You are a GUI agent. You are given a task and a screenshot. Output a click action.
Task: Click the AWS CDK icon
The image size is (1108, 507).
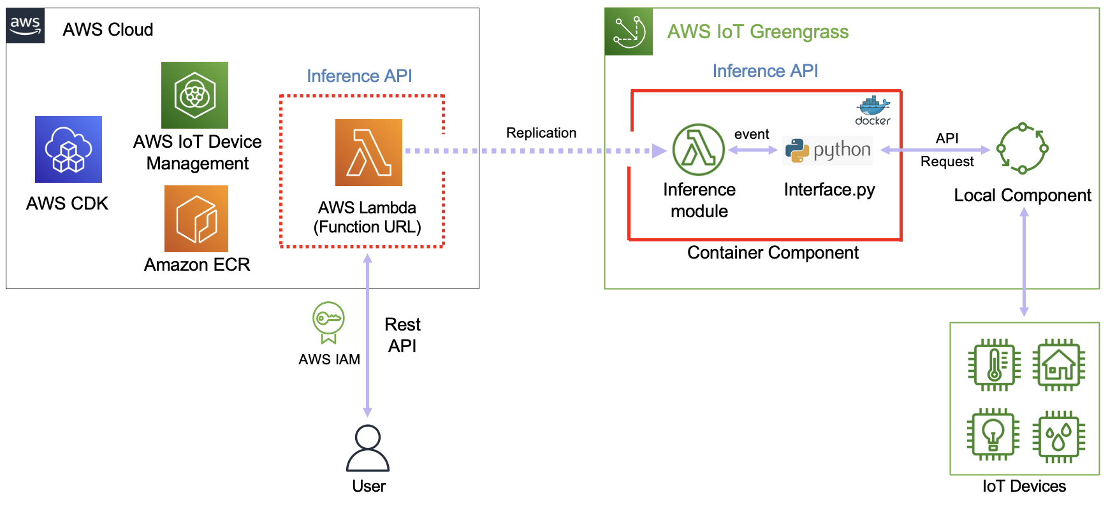(x=68, y=149)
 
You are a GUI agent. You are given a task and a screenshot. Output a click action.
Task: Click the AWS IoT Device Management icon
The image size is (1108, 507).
(x=194, y=95)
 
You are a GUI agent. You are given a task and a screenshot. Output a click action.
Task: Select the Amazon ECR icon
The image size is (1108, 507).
(x=196, y=218)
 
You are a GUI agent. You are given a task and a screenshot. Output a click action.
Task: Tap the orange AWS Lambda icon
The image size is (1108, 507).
(x=368, y=152)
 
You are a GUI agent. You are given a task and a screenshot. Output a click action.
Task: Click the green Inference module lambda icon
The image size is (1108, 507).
(x=699, y=150)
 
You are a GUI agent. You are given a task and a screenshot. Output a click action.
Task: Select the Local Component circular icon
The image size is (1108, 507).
(x=1022, y=148)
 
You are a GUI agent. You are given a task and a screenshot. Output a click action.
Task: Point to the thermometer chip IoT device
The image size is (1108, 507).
(x=994, y=365)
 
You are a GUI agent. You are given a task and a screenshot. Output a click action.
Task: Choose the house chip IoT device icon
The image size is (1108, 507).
(x=1058, y=365)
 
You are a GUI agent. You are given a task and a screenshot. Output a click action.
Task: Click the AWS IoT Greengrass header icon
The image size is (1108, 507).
(x=629, y=32)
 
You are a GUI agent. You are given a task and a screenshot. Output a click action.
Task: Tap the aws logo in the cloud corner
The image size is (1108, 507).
(x=26, y=26)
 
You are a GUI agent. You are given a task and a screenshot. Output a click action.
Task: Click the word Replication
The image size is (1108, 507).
(x=541, y=132)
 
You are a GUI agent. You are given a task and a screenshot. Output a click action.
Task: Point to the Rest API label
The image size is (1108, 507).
(x=402, y=335)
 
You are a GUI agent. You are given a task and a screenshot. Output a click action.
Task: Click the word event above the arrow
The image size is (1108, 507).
(x=752, y=134)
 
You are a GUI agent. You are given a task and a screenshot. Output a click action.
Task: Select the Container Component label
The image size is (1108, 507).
(x=773, y=253)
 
